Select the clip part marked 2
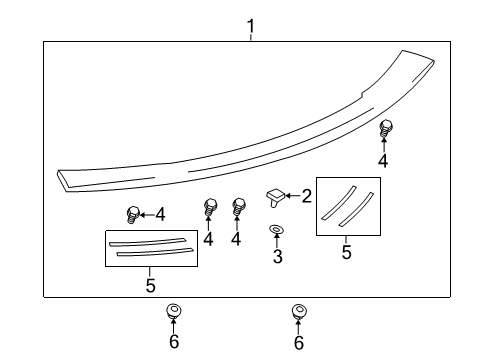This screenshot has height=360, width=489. [275, 195]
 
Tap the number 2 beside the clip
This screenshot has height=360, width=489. [307, 195]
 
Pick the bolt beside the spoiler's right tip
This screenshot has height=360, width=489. [385, 127]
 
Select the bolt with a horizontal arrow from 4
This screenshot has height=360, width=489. [133, 213]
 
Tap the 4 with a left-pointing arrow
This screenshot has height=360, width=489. [159, 213]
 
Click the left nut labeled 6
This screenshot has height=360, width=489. [173, 312]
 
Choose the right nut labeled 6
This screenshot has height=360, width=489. [298, 312]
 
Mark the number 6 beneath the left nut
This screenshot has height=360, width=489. [173, 343]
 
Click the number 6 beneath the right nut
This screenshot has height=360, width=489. [298, 343]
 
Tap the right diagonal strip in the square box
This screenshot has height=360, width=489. [353, 207]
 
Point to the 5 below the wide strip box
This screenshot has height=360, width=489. [150, 285]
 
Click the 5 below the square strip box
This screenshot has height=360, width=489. [347, 252]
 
